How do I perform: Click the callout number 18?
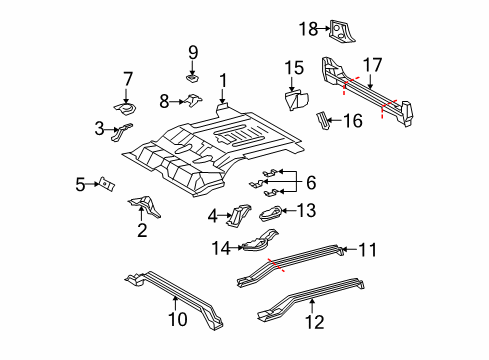309,28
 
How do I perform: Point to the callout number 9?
194,51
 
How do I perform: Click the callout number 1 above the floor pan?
224,81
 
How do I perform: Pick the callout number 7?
127,78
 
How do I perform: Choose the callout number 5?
80,183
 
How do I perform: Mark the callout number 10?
176,319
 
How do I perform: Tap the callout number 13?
306,210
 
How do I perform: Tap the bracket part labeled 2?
141,207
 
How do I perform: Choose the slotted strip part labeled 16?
323,123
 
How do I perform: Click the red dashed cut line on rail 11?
278,264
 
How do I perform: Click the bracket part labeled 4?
240,215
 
